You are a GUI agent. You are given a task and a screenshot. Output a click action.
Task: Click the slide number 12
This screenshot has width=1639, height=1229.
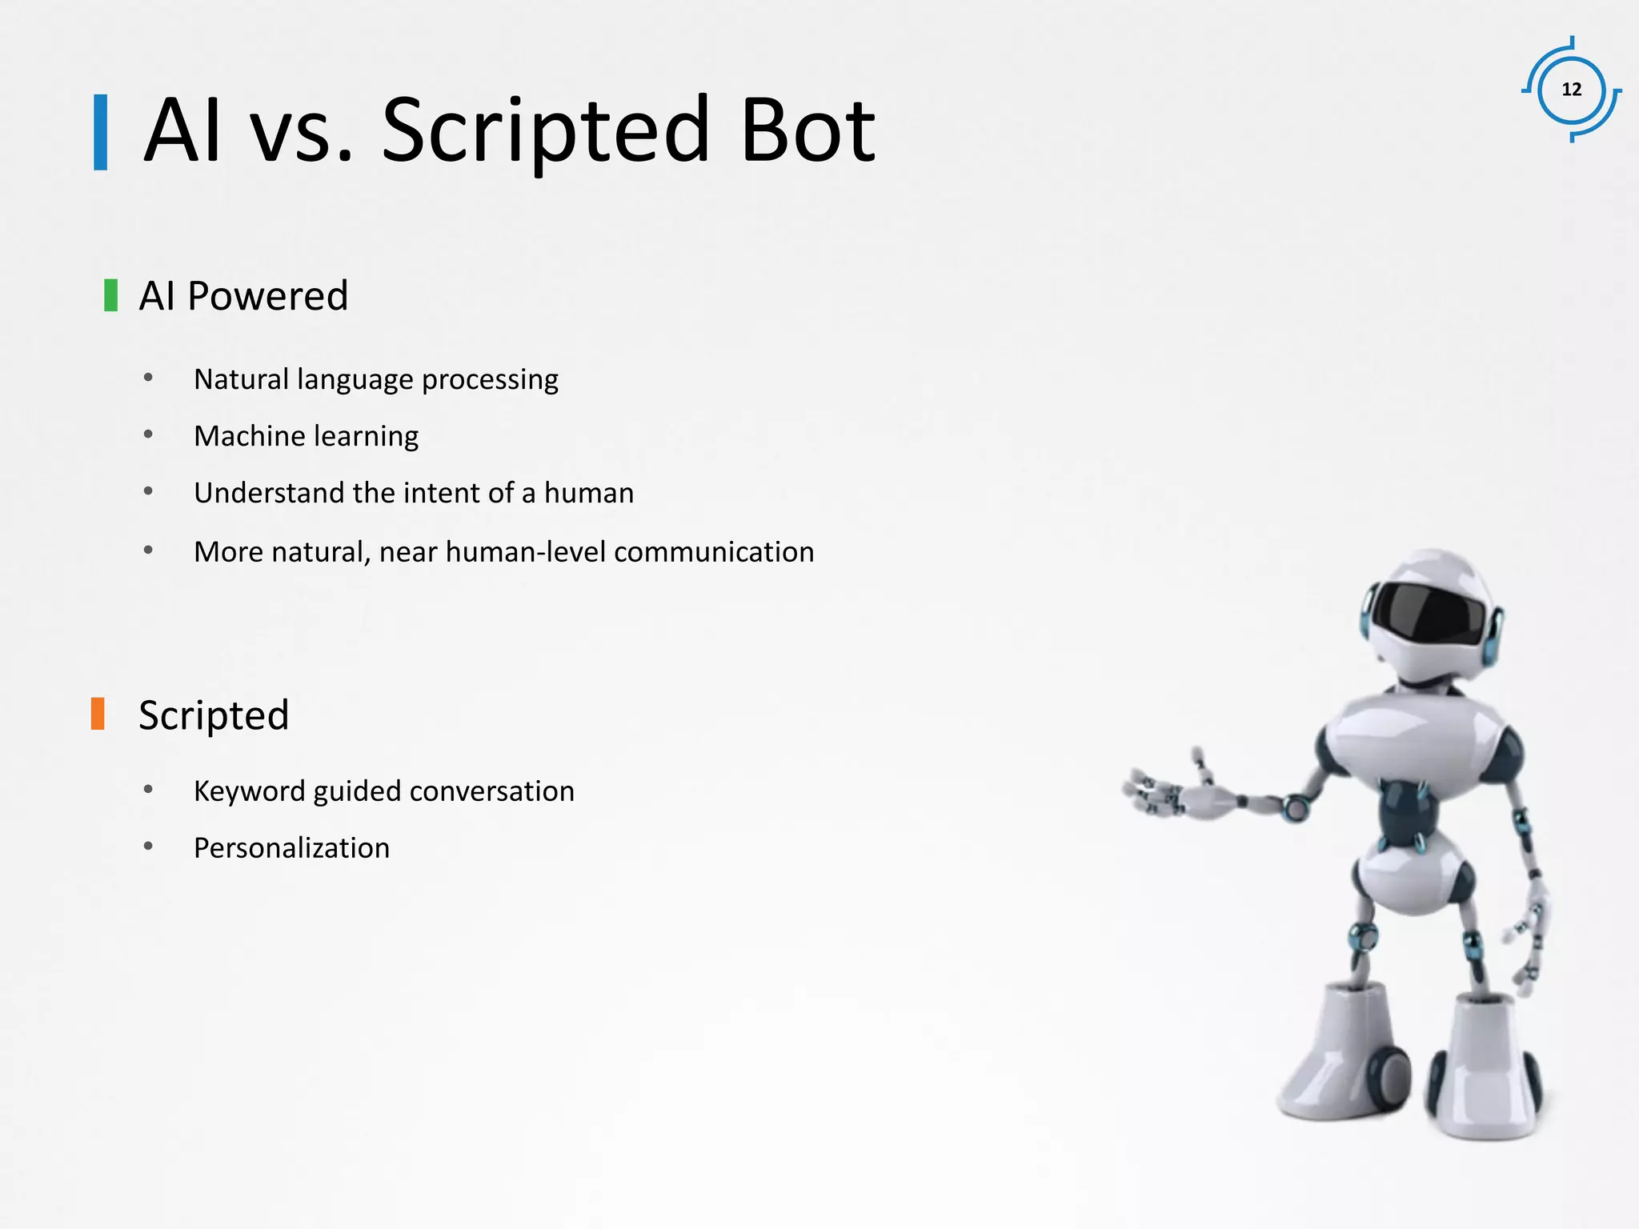click(1572, 90)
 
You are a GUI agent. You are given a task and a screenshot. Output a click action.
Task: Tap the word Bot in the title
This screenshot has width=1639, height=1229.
click(807, 130)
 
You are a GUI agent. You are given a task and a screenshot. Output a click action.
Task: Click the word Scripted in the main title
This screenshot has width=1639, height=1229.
click(546, 130)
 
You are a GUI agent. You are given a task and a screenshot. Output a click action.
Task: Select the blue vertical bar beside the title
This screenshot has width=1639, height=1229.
click(101, 132)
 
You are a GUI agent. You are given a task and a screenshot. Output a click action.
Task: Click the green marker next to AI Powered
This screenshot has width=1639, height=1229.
click(111, 295)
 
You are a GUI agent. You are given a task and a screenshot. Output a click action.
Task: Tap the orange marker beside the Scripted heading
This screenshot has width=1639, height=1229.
click(98, 714)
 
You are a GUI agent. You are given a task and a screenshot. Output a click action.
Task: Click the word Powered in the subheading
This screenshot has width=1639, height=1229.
click(267, 296)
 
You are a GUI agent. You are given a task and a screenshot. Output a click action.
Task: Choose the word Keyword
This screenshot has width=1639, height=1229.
click(249, 791)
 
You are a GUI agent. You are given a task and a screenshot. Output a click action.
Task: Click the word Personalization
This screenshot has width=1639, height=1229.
click(291, 848)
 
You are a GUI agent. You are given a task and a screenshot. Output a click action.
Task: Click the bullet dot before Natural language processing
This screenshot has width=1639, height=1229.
click(148, 378)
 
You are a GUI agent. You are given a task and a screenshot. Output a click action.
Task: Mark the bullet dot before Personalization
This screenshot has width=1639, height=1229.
click(148, 846)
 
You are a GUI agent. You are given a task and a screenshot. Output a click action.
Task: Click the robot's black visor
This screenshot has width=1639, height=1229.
click(1428, 614)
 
